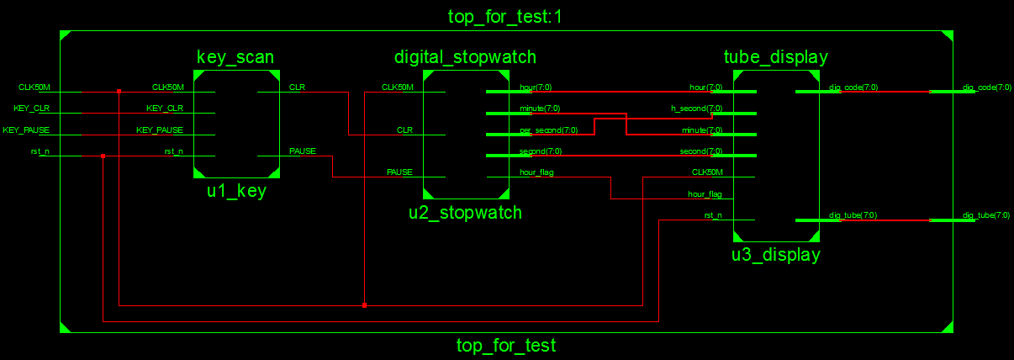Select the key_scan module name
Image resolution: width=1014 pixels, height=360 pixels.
coord(235,57)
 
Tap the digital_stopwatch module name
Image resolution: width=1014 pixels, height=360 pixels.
coord(465,57)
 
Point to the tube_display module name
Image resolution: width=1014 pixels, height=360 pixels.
coord(776,57)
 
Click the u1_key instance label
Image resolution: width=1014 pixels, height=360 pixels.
coord(236,191)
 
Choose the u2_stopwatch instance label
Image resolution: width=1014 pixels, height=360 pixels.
coord(465,212)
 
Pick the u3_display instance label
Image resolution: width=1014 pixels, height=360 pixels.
coord(775,254)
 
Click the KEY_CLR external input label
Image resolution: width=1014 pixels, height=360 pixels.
coord(32,108)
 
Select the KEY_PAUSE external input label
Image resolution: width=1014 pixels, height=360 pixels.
coord(27,130)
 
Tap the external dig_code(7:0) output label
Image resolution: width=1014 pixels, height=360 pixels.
coord(987,87)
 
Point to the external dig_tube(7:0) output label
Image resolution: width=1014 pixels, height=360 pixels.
coord(987,215)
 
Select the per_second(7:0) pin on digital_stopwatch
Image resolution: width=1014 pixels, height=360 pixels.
coord(547,130)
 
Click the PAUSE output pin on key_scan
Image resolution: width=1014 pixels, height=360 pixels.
coord(303,151)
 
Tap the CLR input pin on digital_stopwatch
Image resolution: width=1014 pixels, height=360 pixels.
coord(404,130)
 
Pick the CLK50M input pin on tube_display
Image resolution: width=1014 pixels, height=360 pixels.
coord(706,172)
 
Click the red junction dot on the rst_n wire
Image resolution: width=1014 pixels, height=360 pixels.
coord(103,156)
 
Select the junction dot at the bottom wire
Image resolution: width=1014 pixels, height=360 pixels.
coord(364,305)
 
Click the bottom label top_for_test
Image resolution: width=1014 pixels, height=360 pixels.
coord(506,345)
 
